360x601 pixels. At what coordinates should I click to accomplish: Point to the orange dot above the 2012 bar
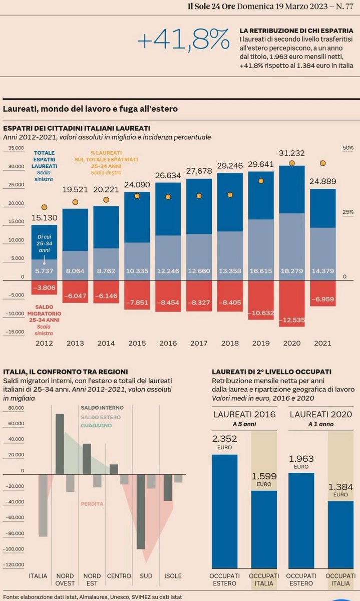(x=44, y=207)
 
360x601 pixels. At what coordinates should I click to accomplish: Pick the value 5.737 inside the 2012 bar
(x=44, y=269)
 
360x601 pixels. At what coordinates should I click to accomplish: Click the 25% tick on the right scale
(x=347, y=212)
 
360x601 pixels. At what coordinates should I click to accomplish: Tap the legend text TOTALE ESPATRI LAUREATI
(x=45, y=159)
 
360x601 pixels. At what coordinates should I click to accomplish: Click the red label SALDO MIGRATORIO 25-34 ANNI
(x=45, y=313)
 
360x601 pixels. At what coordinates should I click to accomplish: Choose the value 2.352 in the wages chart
(x=224, y=439)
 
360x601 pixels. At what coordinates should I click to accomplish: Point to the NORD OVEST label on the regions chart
(x=65, y=579)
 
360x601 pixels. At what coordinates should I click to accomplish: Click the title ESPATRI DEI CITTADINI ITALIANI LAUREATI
(x=77, y=128)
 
